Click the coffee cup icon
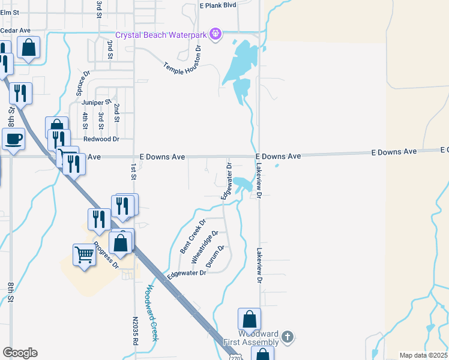tap(13, 140)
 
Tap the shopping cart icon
tap(84, 255)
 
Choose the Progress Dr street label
tap(106, 255)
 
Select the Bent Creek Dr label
tap(193, 236)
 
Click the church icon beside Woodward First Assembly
tap(288, 337)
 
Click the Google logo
tap(20, 353)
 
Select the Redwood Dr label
tap(101, 139)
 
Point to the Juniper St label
tap(96, 102)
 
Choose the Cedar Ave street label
tap(16, 30)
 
